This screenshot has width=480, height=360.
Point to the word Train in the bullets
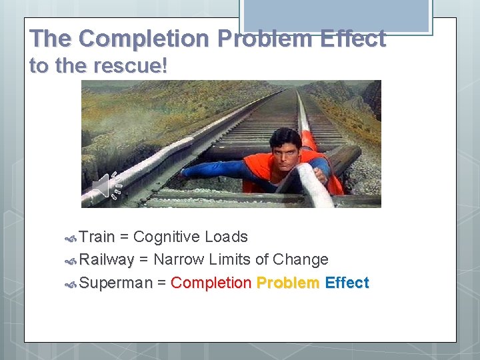pyautogui.click(x=97, y=237)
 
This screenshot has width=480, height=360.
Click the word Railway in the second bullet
pyautogui.click(x=107, y=260)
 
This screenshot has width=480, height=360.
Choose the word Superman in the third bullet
pyautogui.click(x=115, y=283)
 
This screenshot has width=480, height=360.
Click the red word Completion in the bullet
pyautogui.click(x=211, y=283)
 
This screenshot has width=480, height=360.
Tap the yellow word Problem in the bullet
pyautogui.click(x=287, y=283)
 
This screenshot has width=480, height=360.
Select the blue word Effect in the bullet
pyautogui.click(x=347, y=283)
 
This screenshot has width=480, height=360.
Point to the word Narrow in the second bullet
pyautogui.click(x=177, y=260)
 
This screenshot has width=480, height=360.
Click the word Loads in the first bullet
pyautogui.click(x=226, y=237)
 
